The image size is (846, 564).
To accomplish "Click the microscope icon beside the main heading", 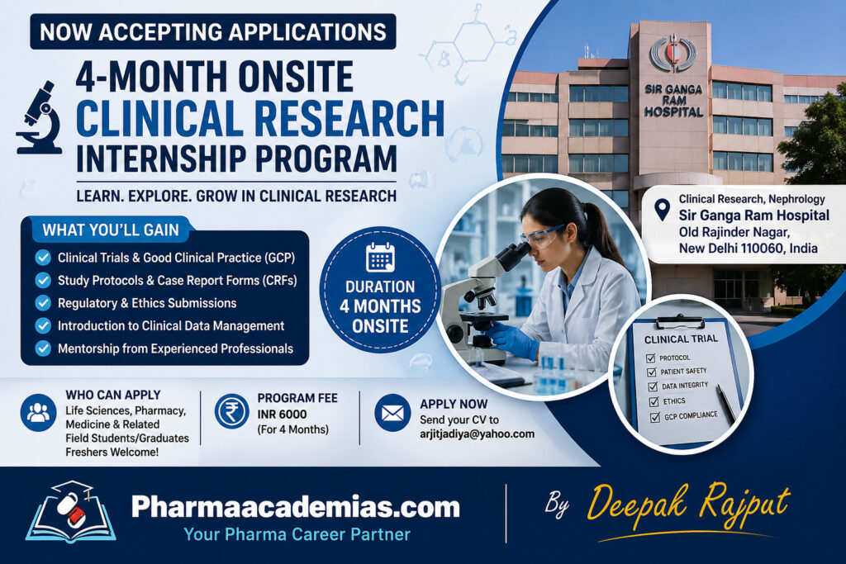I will pos(40,117).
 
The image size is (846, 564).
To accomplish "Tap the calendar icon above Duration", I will pos(380,258).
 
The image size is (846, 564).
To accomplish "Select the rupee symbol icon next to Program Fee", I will pos(231,411).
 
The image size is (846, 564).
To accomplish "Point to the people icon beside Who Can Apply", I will pos(39,412).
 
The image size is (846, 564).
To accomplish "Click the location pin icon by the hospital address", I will pos(662,210).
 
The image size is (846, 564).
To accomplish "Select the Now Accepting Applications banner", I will pos(213,32).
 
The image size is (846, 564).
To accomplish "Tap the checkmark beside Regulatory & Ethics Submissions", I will pos(43,303).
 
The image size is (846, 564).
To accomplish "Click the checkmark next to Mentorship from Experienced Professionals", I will pos(43,348).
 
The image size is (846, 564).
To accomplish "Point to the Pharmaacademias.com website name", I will pos(296,506).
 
